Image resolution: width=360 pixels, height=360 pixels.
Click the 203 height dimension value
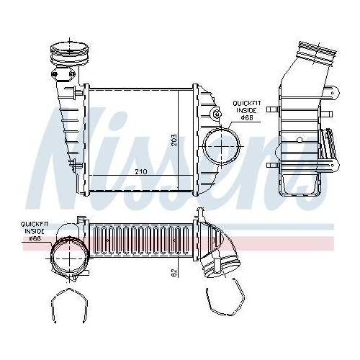174,140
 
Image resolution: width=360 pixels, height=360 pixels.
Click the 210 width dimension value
141,172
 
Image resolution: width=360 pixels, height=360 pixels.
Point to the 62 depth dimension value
174,273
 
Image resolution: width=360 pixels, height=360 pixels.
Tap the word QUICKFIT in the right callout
247,103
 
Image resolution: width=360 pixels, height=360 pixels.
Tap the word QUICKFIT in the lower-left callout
35,225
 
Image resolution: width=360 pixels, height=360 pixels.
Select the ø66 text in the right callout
247,117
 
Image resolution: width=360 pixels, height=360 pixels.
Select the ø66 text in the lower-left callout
35,238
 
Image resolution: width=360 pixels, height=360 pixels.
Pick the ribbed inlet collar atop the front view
69,54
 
